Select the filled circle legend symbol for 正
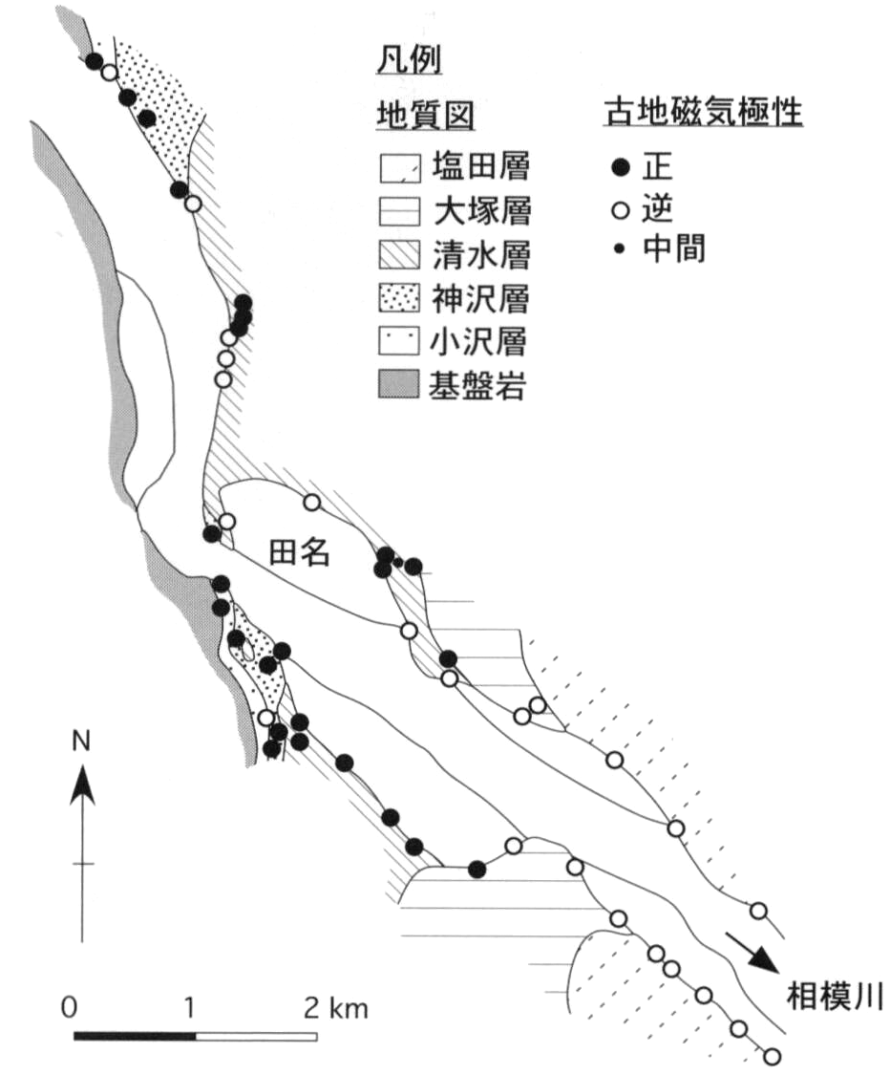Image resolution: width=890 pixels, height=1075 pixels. tap(622, 169)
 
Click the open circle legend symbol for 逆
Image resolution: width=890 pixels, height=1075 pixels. tap(622, 210)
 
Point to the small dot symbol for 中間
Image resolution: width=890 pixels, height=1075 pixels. tap(622, 250)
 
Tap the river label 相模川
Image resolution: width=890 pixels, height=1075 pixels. tap(826, 997)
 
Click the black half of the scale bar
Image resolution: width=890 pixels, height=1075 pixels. tap(135, 1036)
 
